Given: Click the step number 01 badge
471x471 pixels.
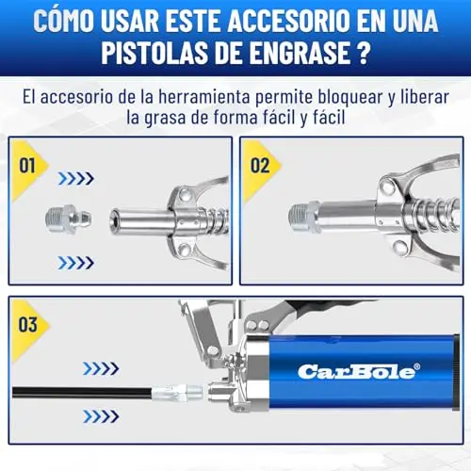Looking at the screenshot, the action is pos(27,166).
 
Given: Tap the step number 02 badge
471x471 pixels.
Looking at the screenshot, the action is pos(260,166).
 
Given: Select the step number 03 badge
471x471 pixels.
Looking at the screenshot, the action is pos(28,324).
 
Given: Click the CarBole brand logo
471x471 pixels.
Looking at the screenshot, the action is pos(359,372).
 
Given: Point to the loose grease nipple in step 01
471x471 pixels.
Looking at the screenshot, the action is pos(68,219).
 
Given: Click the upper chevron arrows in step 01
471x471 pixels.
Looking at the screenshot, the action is pos(76,178).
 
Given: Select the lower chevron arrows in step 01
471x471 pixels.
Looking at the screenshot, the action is pos(76,263).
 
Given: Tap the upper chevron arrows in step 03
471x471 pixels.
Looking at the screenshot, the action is pos(101,368).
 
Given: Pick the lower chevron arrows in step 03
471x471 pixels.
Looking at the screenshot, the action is pos(101,416).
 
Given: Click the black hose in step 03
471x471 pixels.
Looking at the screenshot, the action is pos(82,393).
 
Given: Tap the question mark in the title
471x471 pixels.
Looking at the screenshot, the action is pos(364,53).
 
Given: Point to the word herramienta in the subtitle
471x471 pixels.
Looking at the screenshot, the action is pos(204,96).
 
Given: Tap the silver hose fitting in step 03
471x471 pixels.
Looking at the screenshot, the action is pos(177,392).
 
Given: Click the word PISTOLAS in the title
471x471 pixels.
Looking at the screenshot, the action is pos(154,53).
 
